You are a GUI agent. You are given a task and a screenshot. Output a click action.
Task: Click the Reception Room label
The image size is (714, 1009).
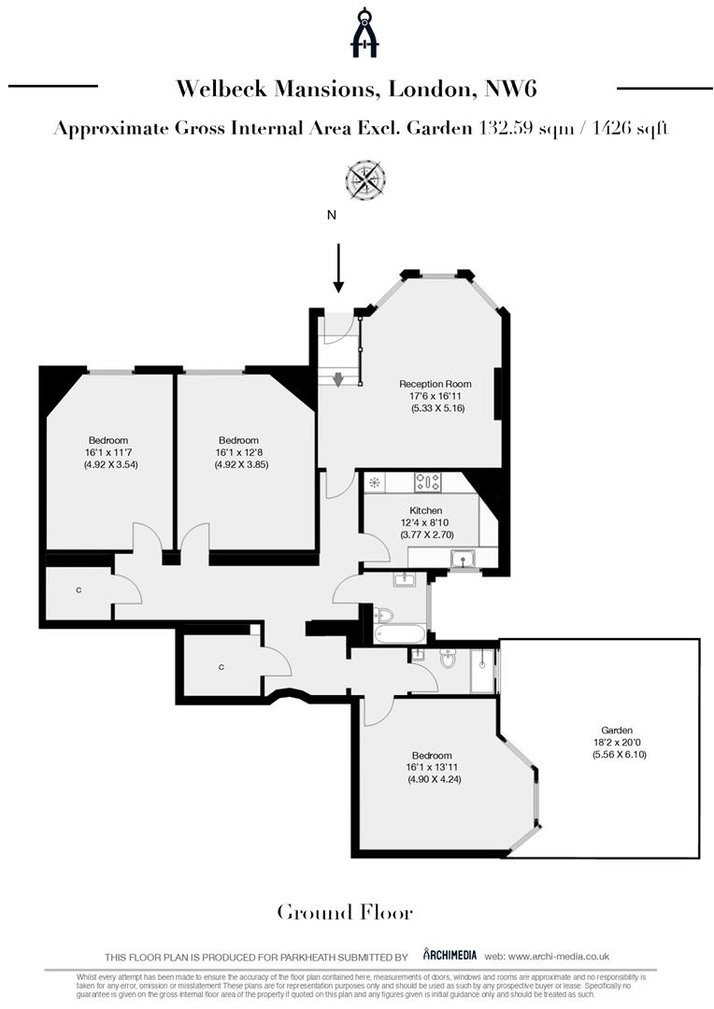coord(435,384)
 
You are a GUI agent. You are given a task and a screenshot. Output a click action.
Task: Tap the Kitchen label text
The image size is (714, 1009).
coord(426,510)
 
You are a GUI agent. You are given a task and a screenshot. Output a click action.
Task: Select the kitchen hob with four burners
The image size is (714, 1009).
coord(428,482)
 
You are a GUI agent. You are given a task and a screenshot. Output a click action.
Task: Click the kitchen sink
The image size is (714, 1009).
coord(463,560)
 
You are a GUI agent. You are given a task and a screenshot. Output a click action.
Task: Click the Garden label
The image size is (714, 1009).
coord(617,731)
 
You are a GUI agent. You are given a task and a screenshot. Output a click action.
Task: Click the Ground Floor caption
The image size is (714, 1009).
coord(344,912)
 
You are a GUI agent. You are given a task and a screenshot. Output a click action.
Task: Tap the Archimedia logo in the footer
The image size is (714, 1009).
coord(450,955)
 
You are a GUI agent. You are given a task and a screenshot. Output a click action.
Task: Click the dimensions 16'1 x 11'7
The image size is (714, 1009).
coord(108,452)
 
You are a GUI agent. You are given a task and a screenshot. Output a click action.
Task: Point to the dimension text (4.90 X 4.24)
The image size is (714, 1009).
coord(430,779)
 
